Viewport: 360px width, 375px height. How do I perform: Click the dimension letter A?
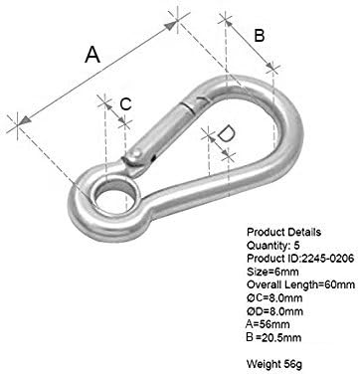[92, 55]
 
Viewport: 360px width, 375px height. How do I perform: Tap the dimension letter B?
[260, 36]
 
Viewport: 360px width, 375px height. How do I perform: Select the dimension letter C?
[125, 104]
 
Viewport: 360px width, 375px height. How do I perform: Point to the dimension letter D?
[226, 133]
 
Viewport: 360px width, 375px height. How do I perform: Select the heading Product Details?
[284, 232]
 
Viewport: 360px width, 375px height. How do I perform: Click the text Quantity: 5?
[273, 245]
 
